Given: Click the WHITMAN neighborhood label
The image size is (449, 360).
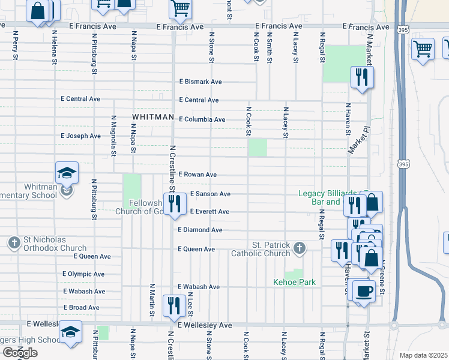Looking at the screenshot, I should (153, 117).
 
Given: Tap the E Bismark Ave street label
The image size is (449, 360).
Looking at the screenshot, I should (200, 82).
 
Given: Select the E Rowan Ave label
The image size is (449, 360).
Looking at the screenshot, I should (197, 175).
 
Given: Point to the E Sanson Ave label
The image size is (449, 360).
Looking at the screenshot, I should (210, 194).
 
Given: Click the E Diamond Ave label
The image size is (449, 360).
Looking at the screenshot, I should (200, 230).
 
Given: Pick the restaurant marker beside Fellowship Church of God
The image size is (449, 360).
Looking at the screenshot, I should (174, 205).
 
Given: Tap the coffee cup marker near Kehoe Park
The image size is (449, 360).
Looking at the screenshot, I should (364, 292).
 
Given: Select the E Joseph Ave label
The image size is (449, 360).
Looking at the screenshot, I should (81, 136).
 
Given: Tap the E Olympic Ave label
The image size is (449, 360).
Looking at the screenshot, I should (83, 274).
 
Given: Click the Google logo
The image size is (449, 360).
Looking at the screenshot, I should (20, 352).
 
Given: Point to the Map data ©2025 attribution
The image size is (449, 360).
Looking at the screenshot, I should (423, 355).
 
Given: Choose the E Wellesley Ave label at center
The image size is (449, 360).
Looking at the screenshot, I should (204, 325).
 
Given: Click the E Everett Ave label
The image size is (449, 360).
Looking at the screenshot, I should (209, 212).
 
